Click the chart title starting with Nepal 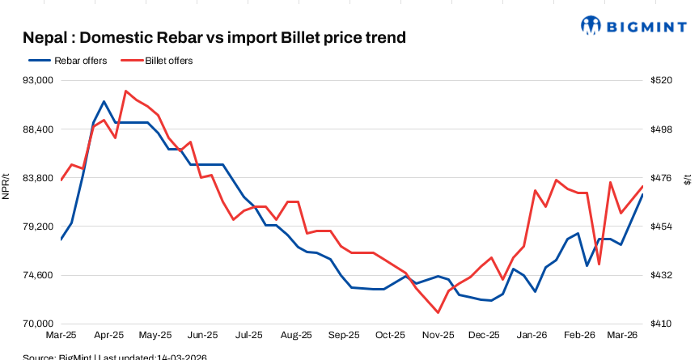(x=214, y=38)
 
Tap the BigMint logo (x=639, y=24)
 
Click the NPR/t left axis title (x=6, y=187)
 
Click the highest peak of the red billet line (x=126, y=91)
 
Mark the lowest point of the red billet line (x=438, y=312)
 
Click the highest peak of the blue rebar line (x=104, y=102)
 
